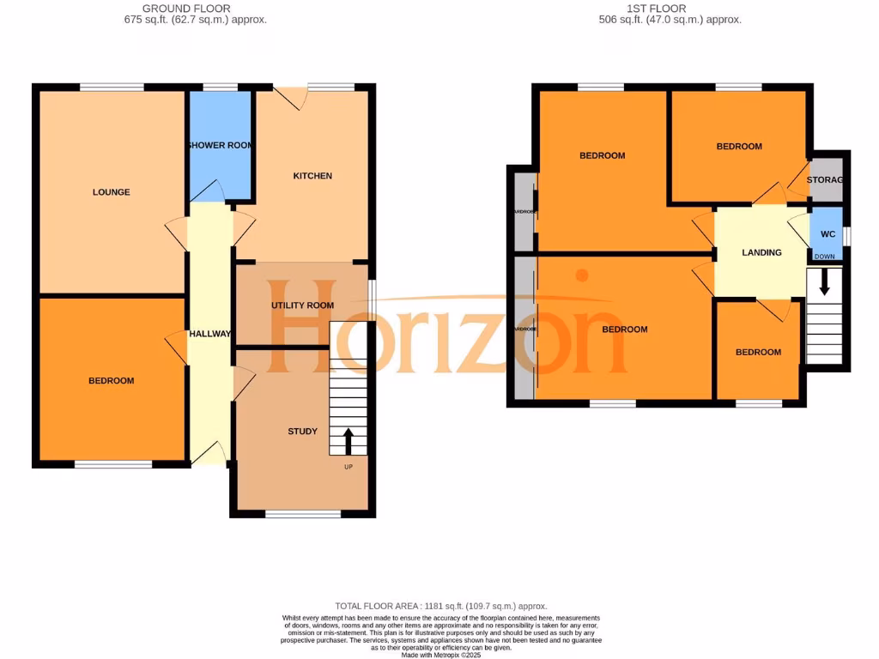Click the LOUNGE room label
[112, 192]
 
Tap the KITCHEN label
[312, 176]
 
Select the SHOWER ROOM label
[220, 145]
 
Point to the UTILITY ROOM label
[302, 305]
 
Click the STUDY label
[302, 432]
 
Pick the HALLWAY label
[209, 334]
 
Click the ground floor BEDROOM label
[112, 381]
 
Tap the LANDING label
[761, 252]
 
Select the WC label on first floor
[827, 234]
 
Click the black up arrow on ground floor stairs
[348, 440]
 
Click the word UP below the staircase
[348, 467]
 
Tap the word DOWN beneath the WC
[824, 257]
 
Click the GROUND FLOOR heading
[196, 9]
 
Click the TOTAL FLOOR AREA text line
[439, 606]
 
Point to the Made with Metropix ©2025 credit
[439, 655]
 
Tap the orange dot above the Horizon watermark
[582, 276]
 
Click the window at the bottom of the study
[303, 514]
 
